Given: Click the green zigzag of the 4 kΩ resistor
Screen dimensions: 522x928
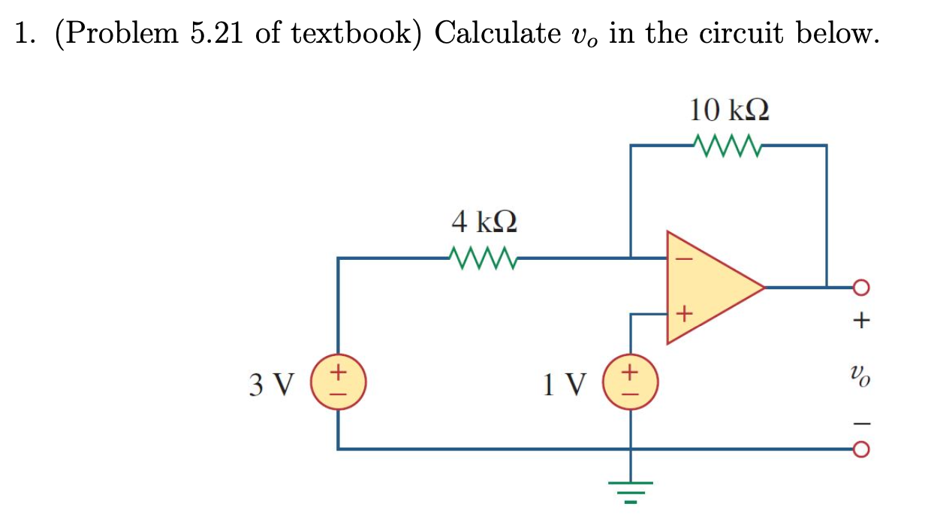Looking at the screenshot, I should coord(483,258).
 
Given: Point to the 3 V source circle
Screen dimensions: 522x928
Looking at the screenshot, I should coord(339,379).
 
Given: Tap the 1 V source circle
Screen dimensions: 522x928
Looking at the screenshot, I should coord(630,379).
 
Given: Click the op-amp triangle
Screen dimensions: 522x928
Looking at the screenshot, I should coord(710,286).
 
